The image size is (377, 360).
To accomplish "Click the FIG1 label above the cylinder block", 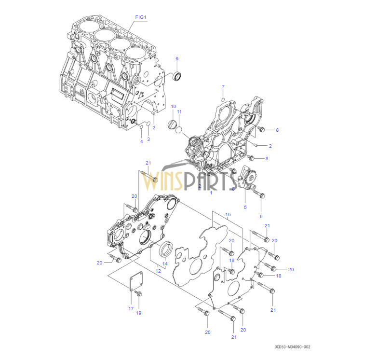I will tap(140, 17).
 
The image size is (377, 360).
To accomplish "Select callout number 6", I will tap(176, 58).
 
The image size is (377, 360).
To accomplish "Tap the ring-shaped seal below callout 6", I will tap(178, 76).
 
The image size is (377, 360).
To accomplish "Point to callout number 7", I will tap(223, 86).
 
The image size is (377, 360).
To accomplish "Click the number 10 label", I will tap(174, 106).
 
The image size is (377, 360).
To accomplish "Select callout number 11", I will tap(179, 112).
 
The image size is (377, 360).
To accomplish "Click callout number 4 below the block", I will tap(142, 141).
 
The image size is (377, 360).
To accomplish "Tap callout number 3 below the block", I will tap(148, 139).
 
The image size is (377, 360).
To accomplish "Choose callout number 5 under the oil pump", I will tap(245, 207).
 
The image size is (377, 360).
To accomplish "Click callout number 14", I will tap(164, 263).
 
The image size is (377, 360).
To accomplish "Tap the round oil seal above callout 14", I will tap(166, 248).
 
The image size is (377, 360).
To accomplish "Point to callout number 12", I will tap(157, 271).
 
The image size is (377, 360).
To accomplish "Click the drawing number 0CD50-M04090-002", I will tap(293, 346).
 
